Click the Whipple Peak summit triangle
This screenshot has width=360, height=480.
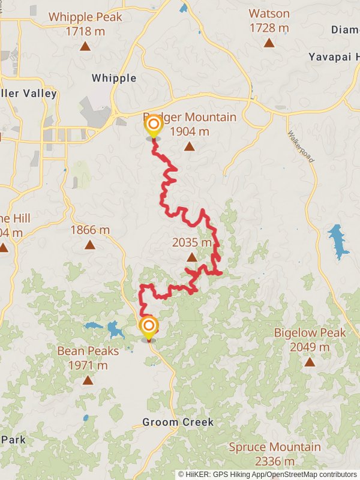point(85,46)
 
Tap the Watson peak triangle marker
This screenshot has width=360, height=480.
point(269,43)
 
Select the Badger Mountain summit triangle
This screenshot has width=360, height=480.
point(190,146)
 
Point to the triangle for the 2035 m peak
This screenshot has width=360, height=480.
point(191,257)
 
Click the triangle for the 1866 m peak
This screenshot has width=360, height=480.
point(90,244)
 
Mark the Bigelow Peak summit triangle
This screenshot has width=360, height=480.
point(310,361)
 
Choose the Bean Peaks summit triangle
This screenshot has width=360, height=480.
point(88,380)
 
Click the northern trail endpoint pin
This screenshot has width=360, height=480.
point(154,125)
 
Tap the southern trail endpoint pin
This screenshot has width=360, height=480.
point(149,327)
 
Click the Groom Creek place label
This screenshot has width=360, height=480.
point(178,422)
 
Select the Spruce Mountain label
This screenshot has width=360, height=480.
point(275,447)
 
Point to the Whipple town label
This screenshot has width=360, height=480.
point(114,78)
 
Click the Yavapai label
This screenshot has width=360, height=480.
point(334,56)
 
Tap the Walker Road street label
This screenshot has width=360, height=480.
point(301,147)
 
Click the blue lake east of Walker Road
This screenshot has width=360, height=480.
point(338,240)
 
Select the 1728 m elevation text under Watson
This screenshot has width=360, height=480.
point(269,28)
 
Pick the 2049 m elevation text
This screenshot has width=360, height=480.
point(310,347)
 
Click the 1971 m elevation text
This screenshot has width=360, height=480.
point(88,365)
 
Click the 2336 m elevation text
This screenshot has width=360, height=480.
point(275,461)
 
